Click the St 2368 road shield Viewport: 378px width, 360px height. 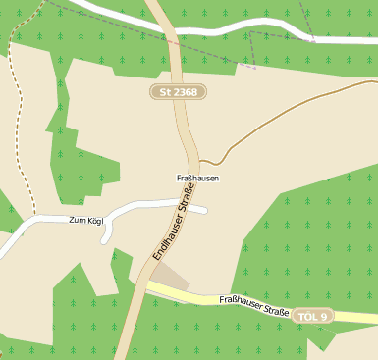pos(178,92)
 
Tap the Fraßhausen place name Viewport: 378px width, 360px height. pos(196,178)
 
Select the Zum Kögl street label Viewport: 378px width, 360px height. pos(86,221)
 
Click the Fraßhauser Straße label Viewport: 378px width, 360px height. pos(253,306)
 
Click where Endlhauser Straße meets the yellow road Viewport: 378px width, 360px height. pos(144,287)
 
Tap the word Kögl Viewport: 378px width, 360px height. pos(95,221)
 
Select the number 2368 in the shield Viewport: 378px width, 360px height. pos(184,92)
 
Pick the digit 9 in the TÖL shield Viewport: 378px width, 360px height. pos(327,317)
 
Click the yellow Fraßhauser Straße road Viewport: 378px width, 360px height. pos(216,301)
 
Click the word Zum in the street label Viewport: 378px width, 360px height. pos(78,221)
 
